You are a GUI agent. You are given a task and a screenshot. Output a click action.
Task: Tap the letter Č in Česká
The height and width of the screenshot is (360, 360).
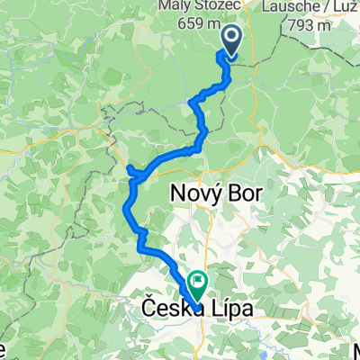(148, 309)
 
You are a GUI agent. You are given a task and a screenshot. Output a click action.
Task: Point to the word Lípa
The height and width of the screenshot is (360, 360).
(230, 310)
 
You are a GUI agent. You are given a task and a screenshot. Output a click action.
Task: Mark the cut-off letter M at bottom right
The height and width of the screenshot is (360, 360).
(356, 350)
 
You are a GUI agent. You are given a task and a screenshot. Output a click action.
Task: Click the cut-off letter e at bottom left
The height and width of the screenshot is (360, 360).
(4, 350)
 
